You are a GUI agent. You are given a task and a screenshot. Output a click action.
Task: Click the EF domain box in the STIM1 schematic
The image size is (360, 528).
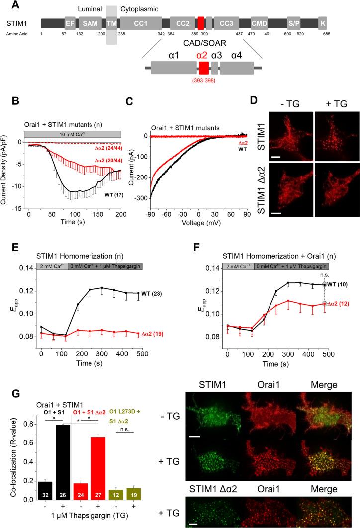(x=70, y=23)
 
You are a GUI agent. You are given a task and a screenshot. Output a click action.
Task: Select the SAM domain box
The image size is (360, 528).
(x=90, y=23)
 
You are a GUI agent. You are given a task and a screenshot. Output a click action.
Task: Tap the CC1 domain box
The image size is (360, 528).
(x=140, y=23)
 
